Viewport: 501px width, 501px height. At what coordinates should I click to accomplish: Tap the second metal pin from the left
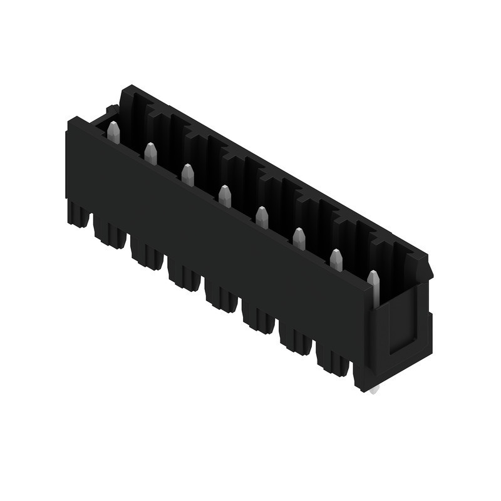[x=150, y=153]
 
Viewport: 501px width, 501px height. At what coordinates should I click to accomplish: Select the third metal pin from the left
[x=187, y=175]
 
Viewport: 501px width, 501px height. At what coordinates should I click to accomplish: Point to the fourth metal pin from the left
[x=225, y=196]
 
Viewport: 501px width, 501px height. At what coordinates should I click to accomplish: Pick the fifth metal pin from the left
[x=262, y=217]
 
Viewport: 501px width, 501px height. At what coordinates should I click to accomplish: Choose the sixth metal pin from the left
[x=299, y=239]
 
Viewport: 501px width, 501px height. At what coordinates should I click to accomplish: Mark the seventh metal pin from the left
[x=336, y=260]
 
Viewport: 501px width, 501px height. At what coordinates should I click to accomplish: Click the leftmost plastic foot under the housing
[x=78, y=214]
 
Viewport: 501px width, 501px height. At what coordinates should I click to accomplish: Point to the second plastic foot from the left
[x=110, y=234]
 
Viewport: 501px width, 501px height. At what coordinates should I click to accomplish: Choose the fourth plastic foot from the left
[x=184, y=276]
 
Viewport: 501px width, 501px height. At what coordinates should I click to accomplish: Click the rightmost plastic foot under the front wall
[x=333, y=361]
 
